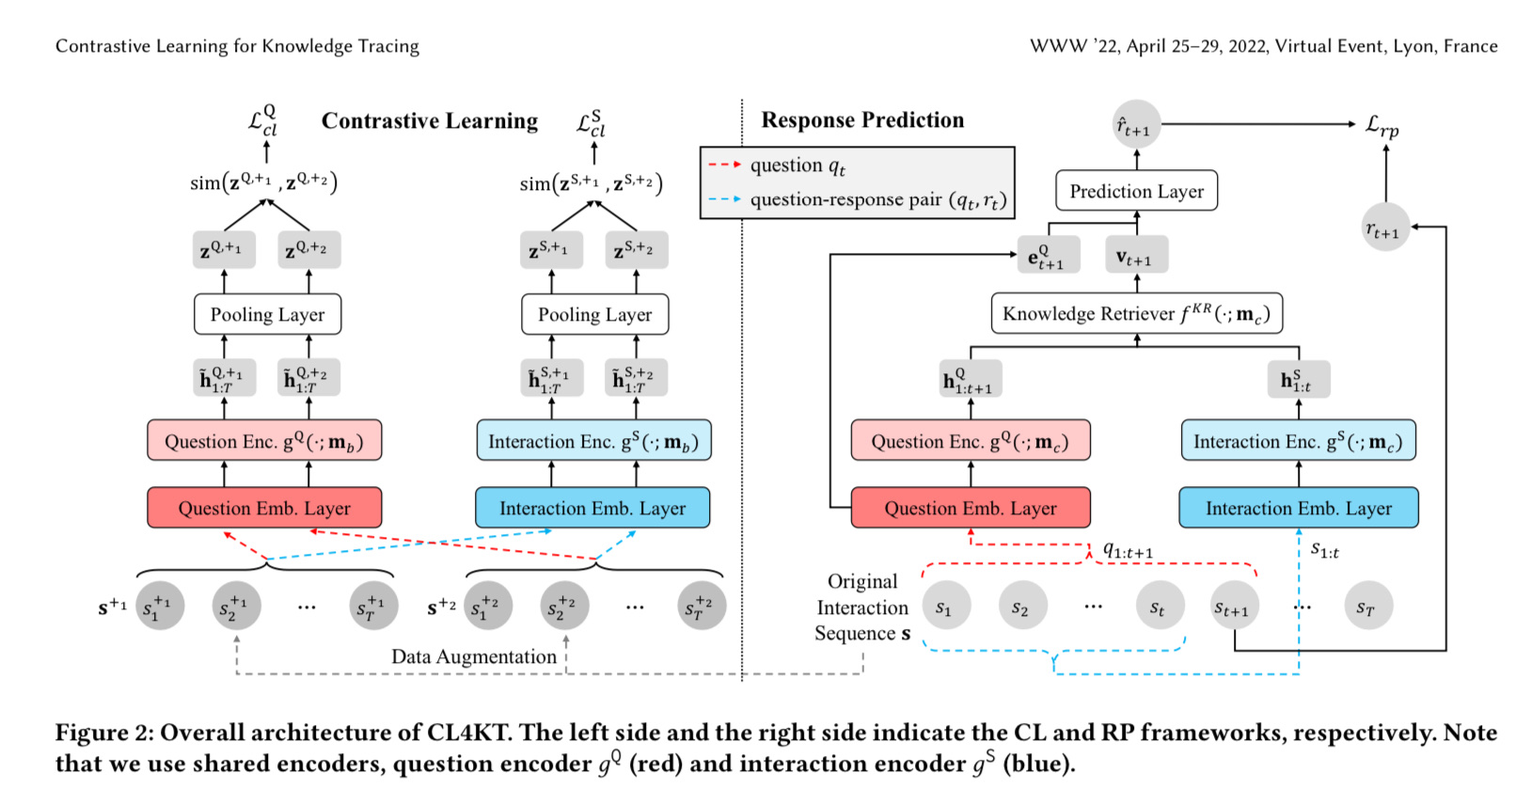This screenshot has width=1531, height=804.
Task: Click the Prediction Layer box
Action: (x=1136, y=191)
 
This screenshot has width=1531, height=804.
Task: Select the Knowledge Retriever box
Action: (x=1136, y=314)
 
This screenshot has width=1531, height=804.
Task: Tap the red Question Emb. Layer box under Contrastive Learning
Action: (x=264, y=508)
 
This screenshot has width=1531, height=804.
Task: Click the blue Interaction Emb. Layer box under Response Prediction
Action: (x=1298, y=508)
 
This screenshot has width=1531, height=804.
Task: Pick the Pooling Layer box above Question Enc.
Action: (x=267, y=315)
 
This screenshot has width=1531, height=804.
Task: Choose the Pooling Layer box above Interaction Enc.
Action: (x=594, y=315)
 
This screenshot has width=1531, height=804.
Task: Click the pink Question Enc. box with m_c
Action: (x=970, y=441)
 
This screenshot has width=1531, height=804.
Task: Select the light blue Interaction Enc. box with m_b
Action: (x=593, y=441)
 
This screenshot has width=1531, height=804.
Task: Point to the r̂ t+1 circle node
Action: (x=1135, y=125)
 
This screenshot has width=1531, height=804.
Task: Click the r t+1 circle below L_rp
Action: (x=1384, y=228)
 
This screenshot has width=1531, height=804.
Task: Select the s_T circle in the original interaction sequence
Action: (x=1366, y=607)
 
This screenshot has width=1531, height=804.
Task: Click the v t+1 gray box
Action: (x=1135, y=255)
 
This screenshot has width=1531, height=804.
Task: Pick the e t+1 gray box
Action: (x=1048, y=255)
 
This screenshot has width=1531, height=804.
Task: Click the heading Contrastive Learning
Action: (x=430, y=121)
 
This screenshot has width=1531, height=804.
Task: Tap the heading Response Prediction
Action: (x=862, y=120)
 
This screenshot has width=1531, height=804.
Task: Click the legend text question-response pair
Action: (x=877, y=199)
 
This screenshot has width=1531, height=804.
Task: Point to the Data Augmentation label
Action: (x=474, y=656)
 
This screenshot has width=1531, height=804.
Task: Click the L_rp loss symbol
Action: (x=1382, y=125)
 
